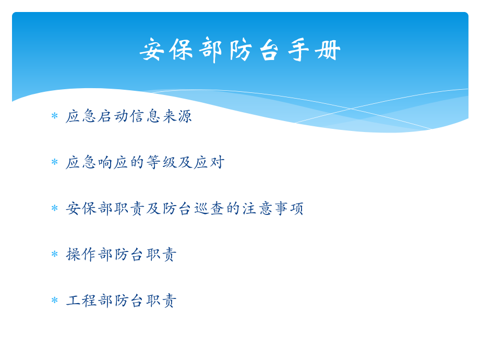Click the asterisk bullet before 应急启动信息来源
pos(54,116)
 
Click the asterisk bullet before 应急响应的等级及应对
pos(54,162)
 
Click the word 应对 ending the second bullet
pos(208,162)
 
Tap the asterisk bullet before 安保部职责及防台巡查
pos(54,208)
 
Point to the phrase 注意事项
pos(272,208)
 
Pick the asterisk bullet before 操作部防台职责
pos(54,255)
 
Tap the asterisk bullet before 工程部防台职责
pos(54,301)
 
